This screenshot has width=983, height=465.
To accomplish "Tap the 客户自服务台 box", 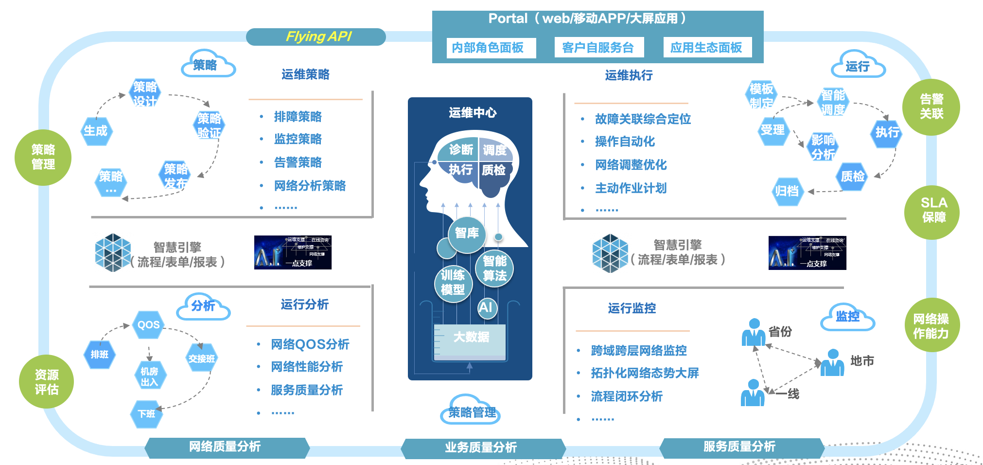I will click(x=599, y=48).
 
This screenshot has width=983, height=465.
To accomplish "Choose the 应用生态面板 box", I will click(x=707, y=48).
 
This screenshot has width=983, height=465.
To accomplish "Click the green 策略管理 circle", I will click(x=43, y=157).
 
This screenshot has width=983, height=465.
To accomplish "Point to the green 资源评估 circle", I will click(x=46, y=382).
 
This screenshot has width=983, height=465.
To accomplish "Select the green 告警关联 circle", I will click(x=931, y=107).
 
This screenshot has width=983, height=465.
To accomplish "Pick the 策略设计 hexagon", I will click(x=145, y=93).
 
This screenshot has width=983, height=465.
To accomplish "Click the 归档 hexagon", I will click(x=787, y=191).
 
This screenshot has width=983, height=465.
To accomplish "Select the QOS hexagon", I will click(x=148, y=325).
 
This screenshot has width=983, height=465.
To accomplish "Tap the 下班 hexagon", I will click(x=146, y=414).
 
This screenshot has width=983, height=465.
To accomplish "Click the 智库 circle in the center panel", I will click(x=467, y=234).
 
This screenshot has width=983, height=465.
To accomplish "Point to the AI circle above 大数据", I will click(x=487, y=307).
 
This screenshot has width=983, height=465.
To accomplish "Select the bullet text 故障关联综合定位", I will click(x=643, y=119).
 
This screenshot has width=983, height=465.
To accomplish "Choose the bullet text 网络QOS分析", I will click(x=310, y=344).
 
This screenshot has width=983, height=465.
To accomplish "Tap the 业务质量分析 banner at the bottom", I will click(x=481, y=447).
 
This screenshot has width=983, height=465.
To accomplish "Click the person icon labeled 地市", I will click(x=832, y=363).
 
